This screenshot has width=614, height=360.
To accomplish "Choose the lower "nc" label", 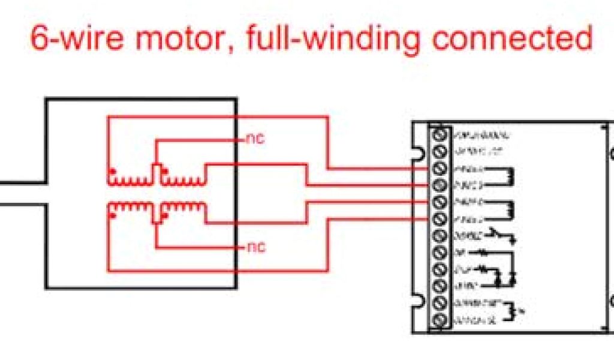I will tap(255, 247).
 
